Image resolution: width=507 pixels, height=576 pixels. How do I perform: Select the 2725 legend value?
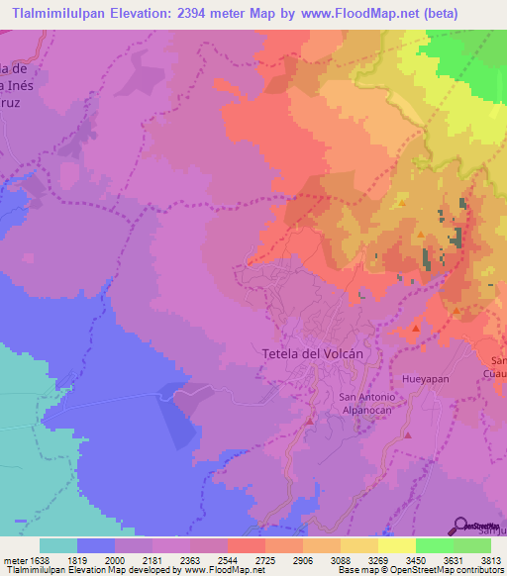pyautogui.click(x=265, y=559)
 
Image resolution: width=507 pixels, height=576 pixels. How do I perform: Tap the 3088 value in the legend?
pyautogui.click(x=341, y=559)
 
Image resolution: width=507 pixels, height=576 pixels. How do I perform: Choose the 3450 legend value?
pyautogui.click(x=416, y=559)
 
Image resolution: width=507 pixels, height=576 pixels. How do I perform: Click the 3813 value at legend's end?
pyautogui.click(x=490, y=559)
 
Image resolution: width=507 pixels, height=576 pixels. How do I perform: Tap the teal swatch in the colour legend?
pyautogui.click(x=58, y=545)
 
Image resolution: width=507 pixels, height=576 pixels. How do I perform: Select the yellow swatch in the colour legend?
pyautogui.click(x=396, y=545)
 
